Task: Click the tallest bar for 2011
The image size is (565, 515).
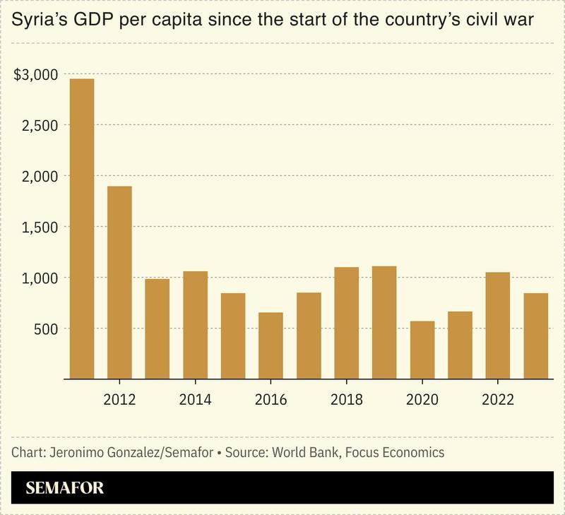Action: point(82,229)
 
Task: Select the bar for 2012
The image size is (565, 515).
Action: point(119,283)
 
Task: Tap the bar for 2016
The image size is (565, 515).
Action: point(271,345)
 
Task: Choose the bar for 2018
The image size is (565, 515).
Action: point(347,323)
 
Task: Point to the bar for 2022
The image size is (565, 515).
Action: point(498,326)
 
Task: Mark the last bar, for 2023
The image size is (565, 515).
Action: point(536,336)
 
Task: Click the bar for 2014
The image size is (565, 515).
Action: point(196,325)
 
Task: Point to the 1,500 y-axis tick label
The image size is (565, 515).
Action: point(37,227)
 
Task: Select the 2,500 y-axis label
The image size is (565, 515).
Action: point(37,126)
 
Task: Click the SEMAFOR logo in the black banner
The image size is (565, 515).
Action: point(65,487)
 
